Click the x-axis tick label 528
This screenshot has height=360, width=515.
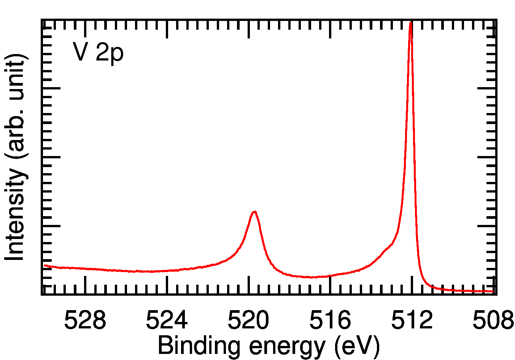85,320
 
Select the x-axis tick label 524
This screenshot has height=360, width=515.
167,320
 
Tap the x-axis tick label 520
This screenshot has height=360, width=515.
248,320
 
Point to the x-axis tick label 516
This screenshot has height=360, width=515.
330,320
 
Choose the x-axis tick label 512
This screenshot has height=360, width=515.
412,320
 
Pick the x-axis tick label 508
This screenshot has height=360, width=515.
493,320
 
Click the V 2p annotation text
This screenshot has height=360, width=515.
98,52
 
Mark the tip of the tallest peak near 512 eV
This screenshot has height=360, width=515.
410,23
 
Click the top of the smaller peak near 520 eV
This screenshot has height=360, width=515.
254,212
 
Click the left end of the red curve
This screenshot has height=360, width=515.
45,266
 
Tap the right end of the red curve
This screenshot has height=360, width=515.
493,292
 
